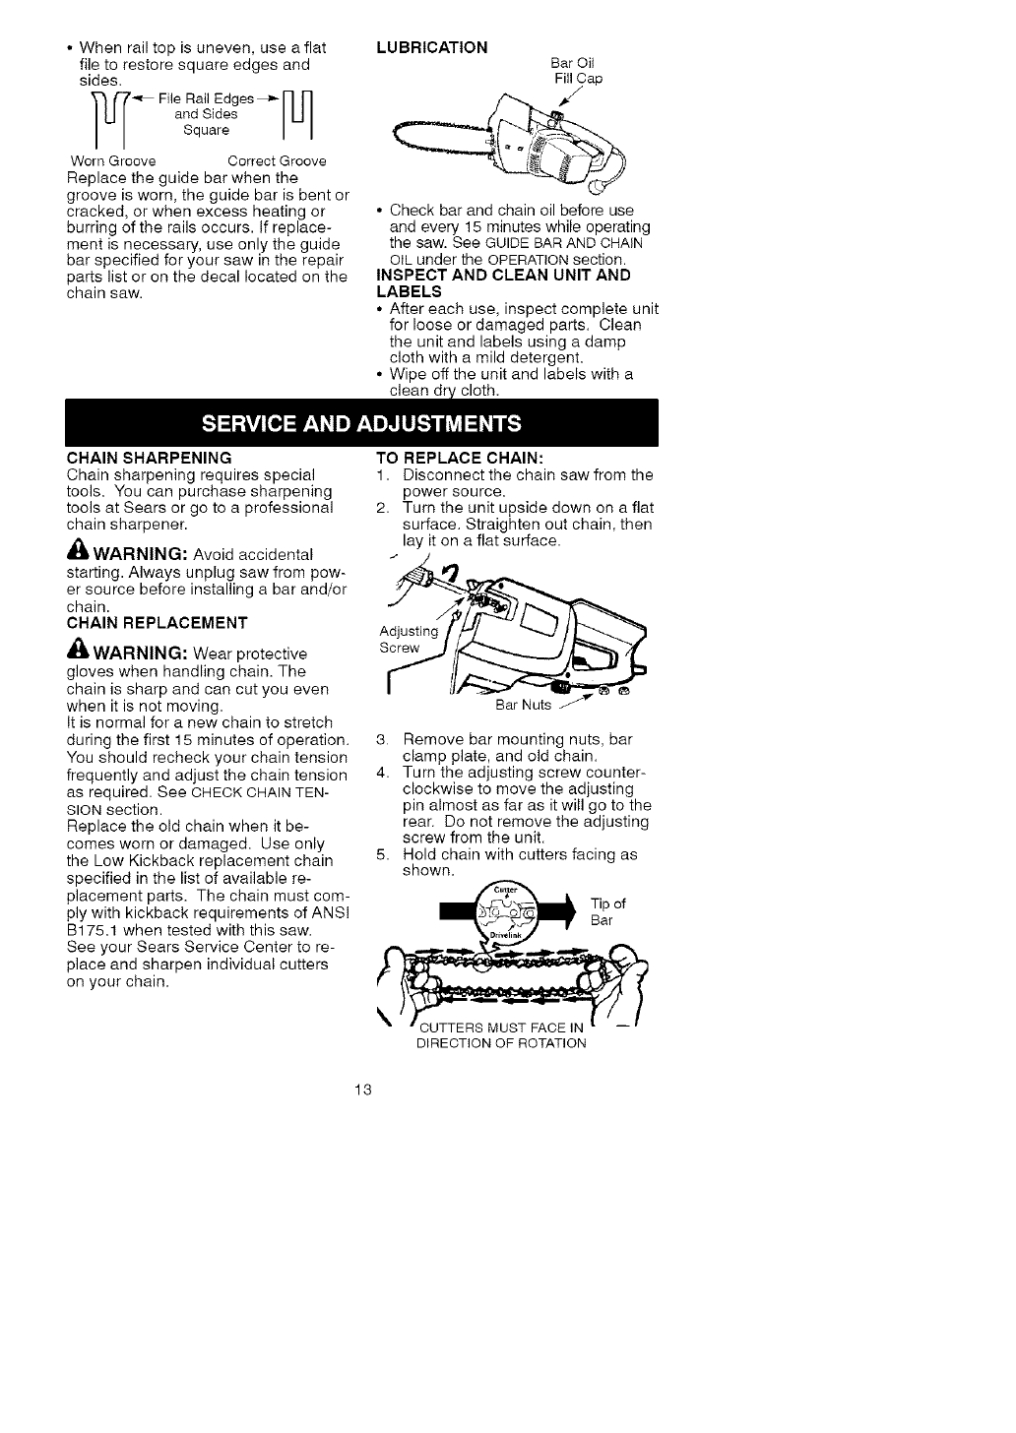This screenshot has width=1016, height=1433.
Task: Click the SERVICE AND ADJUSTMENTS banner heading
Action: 361,424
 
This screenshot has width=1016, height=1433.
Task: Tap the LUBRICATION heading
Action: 433,47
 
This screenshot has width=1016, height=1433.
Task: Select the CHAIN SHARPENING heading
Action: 149,458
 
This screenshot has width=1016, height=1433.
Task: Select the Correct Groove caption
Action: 277,160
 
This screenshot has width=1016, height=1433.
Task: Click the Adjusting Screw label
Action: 408,639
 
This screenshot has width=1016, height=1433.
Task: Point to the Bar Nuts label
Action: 523,705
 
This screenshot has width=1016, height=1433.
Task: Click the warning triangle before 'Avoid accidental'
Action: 77,553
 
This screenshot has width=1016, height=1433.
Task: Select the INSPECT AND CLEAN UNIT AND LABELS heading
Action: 503,282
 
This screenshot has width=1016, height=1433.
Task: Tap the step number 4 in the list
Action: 384,773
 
